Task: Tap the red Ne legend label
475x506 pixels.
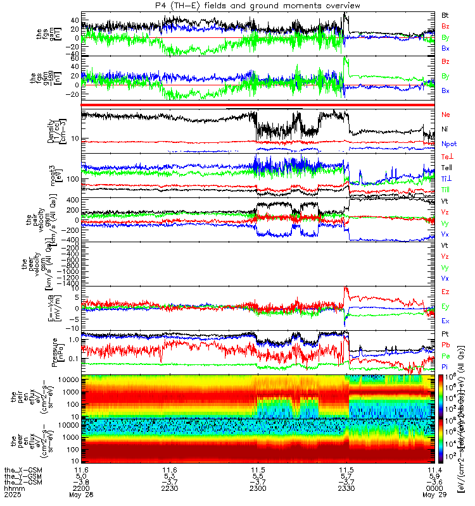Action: [445, 114]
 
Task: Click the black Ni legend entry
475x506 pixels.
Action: [445, 129]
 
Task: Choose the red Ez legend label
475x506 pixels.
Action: [445, 292]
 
